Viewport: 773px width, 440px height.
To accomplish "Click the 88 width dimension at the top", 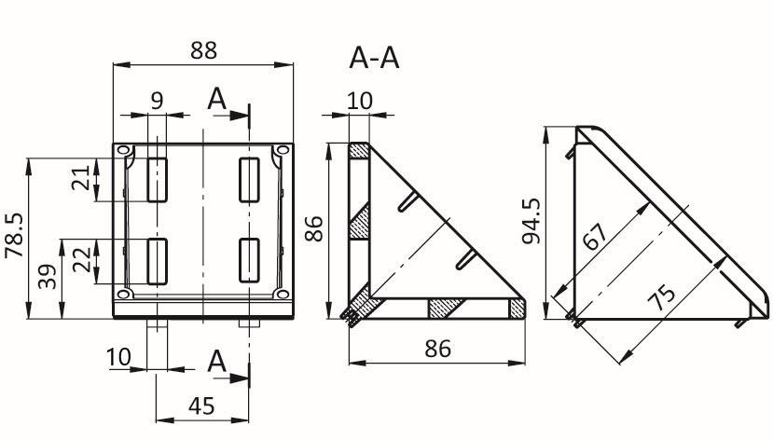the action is pos(203,50).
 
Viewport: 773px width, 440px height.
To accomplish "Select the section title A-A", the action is pos(374,58).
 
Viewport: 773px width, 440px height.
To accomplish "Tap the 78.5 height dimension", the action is pos(14,235).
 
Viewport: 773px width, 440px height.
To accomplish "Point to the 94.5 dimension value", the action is pos(531,221).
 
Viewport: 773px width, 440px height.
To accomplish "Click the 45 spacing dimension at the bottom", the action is pos(201,406).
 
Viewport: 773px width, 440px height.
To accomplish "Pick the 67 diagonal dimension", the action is pos(595,237).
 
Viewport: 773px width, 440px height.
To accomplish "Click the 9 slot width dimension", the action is pos(157,101).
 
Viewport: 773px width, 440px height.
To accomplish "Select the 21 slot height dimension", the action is pos(81,177).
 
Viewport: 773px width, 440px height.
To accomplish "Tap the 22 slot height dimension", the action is pos(82,260).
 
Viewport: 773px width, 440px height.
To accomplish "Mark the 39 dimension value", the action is pos(48,277).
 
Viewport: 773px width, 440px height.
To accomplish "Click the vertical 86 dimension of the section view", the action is pos(313,228).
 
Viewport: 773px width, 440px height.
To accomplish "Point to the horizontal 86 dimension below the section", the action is pos(437,349).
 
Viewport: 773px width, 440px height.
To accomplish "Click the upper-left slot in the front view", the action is pos(158,180).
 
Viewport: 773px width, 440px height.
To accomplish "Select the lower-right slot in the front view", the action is pos(250,261).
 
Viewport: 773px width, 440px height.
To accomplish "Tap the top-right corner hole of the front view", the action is pos(283,150).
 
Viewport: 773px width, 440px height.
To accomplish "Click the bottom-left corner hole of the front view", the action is pos(124,295).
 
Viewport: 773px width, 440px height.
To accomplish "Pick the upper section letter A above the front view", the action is pos(217,99).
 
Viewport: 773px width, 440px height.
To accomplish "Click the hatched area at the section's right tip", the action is pos(517,309).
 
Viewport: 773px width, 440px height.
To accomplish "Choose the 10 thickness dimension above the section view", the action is pos(360,101).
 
